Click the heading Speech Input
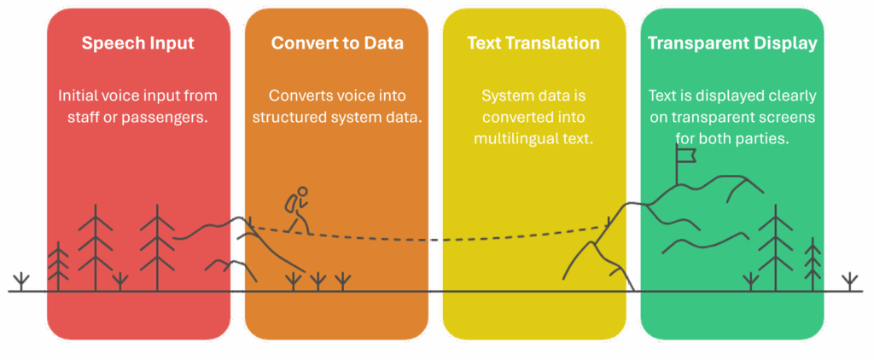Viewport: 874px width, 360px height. coord(137,44)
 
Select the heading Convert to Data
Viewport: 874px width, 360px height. coord(337,44)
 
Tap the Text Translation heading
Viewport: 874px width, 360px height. coord(533,44)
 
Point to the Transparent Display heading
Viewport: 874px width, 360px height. coord(731,44)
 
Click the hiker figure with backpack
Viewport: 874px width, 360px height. coord(296,210)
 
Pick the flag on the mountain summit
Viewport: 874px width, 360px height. coord(685,155)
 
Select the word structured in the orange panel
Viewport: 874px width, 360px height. coord(287,117)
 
